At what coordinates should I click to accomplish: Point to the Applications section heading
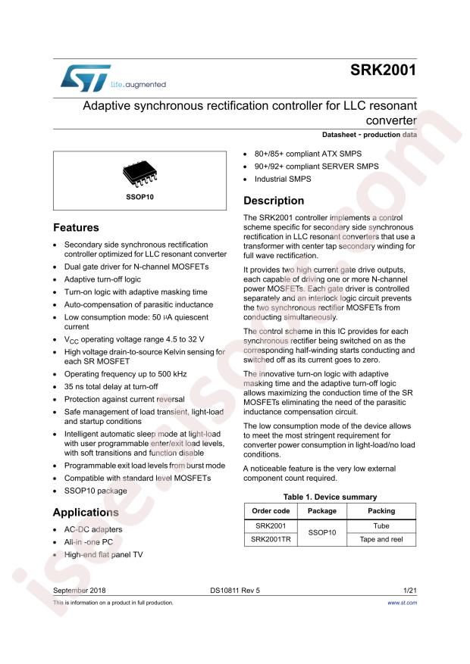86,513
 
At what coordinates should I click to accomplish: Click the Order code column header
270,511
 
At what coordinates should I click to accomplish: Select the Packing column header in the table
381,511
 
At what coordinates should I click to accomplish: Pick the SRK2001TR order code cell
270,539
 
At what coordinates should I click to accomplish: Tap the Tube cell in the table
381,525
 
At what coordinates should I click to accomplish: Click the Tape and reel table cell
381,539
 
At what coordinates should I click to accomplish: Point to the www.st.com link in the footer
402,603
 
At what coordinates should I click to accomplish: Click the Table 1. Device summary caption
330,497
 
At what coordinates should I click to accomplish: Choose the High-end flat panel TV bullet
104,555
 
